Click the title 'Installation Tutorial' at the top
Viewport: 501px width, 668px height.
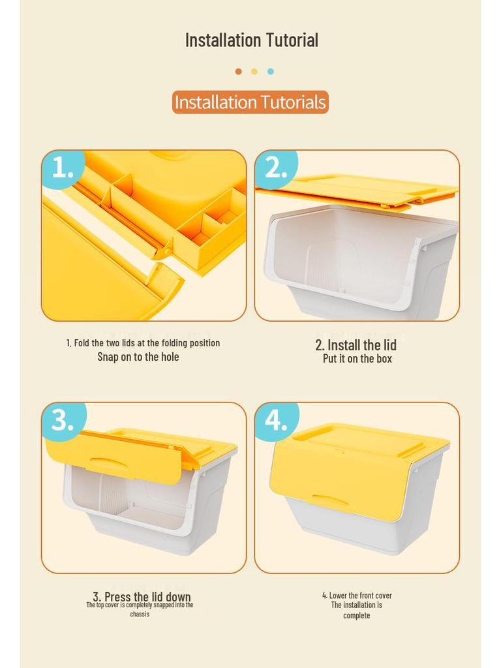(x=251, y=40)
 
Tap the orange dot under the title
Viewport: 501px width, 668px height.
(x=239, y=71)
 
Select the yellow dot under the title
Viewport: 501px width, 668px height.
(x=254, y=71)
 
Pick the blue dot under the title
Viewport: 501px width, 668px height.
(x=271, y=71)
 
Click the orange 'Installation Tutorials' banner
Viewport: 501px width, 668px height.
(x=250, y=102)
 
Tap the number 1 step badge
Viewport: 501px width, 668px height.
(x=63, y=169)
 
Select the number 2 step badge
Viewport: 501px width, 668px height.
(x=276, y=169)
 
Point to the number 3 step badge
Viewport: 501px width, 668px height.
(x=64, y=421)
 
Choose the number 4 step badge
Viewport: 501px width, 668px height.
(x=277, y=421)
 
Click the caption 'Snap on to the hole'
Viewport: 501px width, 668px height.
(x=138, y=357)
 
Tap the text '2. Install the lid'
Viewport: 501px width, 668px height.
(x=356, y=344)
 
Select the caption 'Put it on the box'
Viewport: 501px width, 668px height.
(x=357, y=359)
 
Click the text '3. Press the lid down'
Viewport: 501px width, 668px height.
(x=142, y=596)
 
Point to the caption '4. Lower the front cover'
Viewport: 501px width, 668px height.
(x=357, y=595)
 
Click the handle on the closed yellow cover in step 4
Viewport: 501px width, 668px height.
(x=326, y=499)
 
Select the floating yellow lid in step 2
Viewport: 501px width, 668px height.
(x=357, y=191)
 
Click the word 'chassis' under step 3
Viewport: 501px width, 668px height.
(x=140, y=615)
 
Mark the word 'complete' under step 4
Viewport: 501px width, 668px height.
(x=357, y=616)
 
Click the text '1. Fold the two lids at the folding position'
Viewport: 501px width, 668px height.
(x=143, y=343)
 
